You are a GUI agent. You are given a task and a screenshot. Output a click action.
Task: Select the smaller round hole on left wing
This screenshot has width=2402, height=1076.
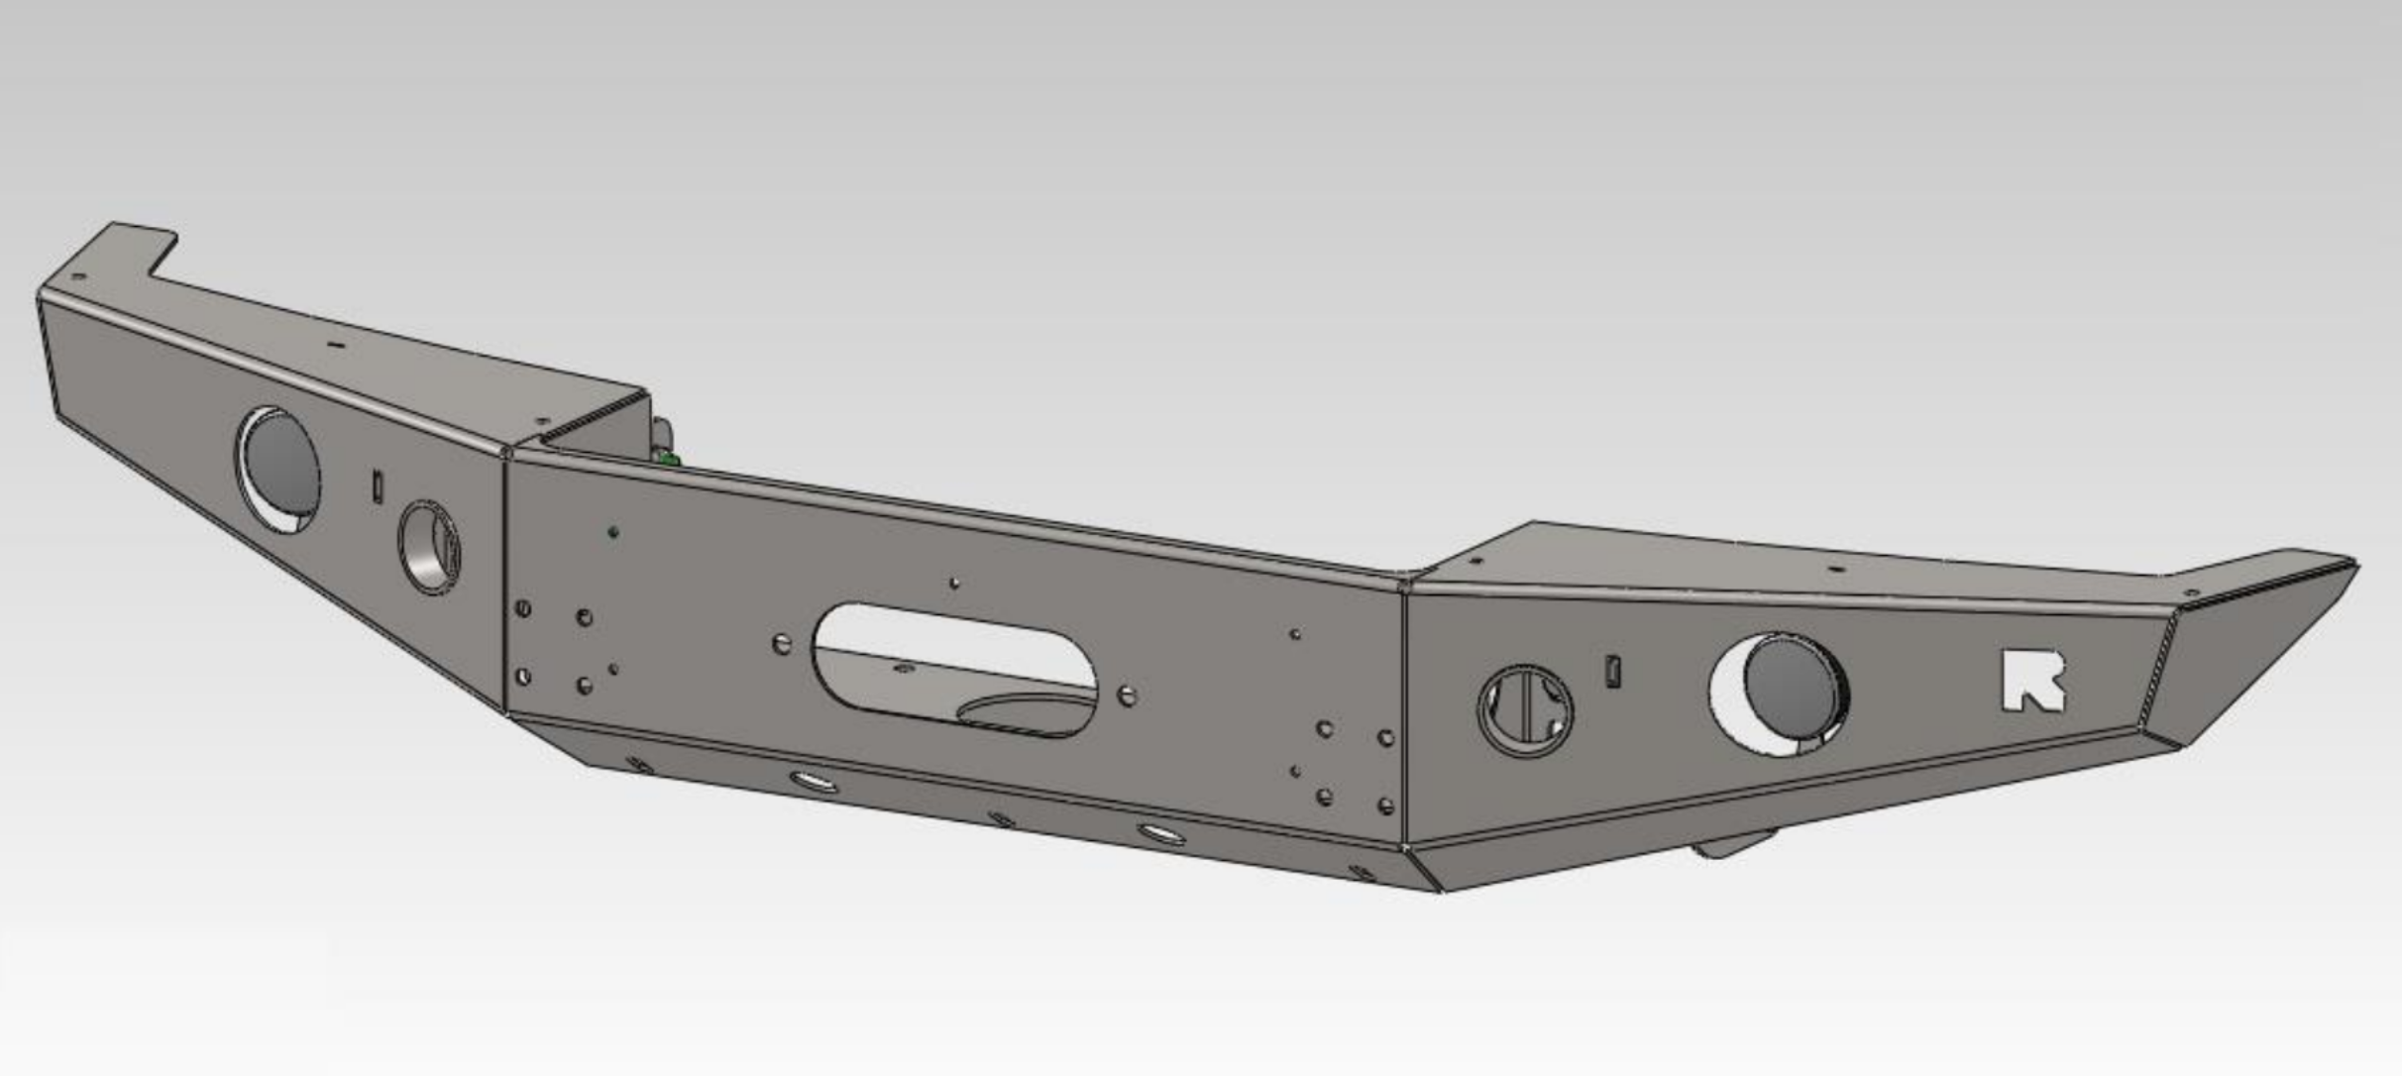(429, 547)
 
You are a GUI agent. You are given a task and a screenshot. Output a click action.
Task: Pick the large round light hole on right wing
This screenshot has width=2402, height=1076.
(1780, 694)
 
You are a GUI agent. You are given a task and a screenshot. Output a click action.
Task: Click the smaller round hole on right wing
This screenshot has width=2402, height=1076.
(1524, 709)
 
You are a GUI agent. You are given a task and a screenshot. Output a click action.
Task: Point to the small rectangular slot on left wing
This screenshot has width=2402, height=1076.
(377, 486)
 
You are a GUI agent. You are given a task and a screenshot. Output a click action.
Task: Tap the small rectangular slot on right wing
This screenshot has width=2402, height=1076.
(1612, 671)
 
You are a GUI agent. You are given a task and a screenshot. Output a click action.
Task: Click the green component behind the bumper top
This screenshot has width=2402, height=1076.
(670, 459)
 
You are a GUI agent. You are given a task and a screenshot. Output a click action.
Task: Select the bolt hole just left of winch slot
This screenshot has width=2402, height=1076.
(782, 644)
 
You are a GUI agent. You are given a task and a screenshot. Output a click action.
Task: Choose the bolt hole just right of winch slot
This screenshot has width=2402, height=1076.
(1127, 696)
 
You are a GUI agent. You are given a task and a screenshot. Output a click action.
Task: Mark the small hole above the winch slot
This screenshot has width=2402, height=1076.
(953, 584)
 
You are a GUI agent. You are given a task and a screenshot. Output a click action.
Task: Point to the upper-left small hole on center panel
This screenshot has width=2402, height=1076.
(613, 532)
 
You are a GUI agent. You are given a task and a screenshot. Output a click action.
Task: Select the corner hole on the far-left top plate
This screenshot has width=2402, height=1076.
(81, 277)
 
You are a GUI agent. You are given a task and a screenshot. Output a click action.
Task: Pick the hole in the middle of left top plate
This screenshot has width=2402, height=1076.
(334, 346)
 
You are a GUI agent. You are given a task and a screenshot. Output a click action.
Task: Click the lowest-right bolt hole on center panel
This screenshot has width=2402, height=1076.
(1386, 807)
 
